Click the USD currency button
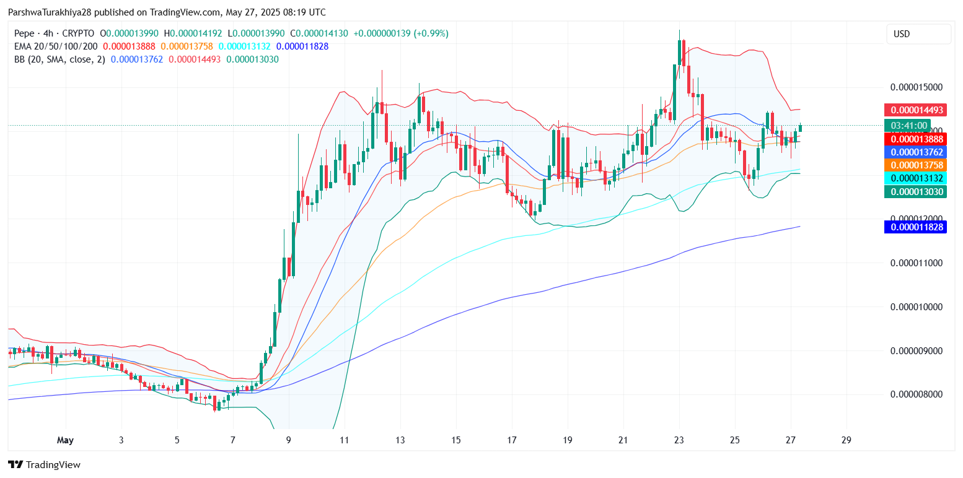click(918, 34)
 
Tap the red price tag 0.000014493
click(917, 110)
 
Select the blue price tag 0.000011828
click(917, 227)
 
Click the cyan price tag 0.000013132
click(917, 178)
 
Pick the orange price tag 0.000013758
click(917, 165)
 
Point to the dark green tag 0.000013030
click(917, 191)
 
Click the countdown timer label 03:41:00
click(908, 126)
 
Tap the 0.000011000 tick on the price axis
click(917, 263)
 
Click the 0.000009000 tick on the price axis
click(917, 350)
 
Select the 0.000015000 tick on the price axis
click(917, 87)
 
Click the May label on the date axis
click(65, 440)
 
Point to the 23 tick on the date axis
click(679, 440)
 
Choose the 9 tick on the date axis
click(289, 440)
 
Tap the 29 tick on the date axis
click(846, 440)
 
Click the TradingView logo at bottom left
click(44, 464)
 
